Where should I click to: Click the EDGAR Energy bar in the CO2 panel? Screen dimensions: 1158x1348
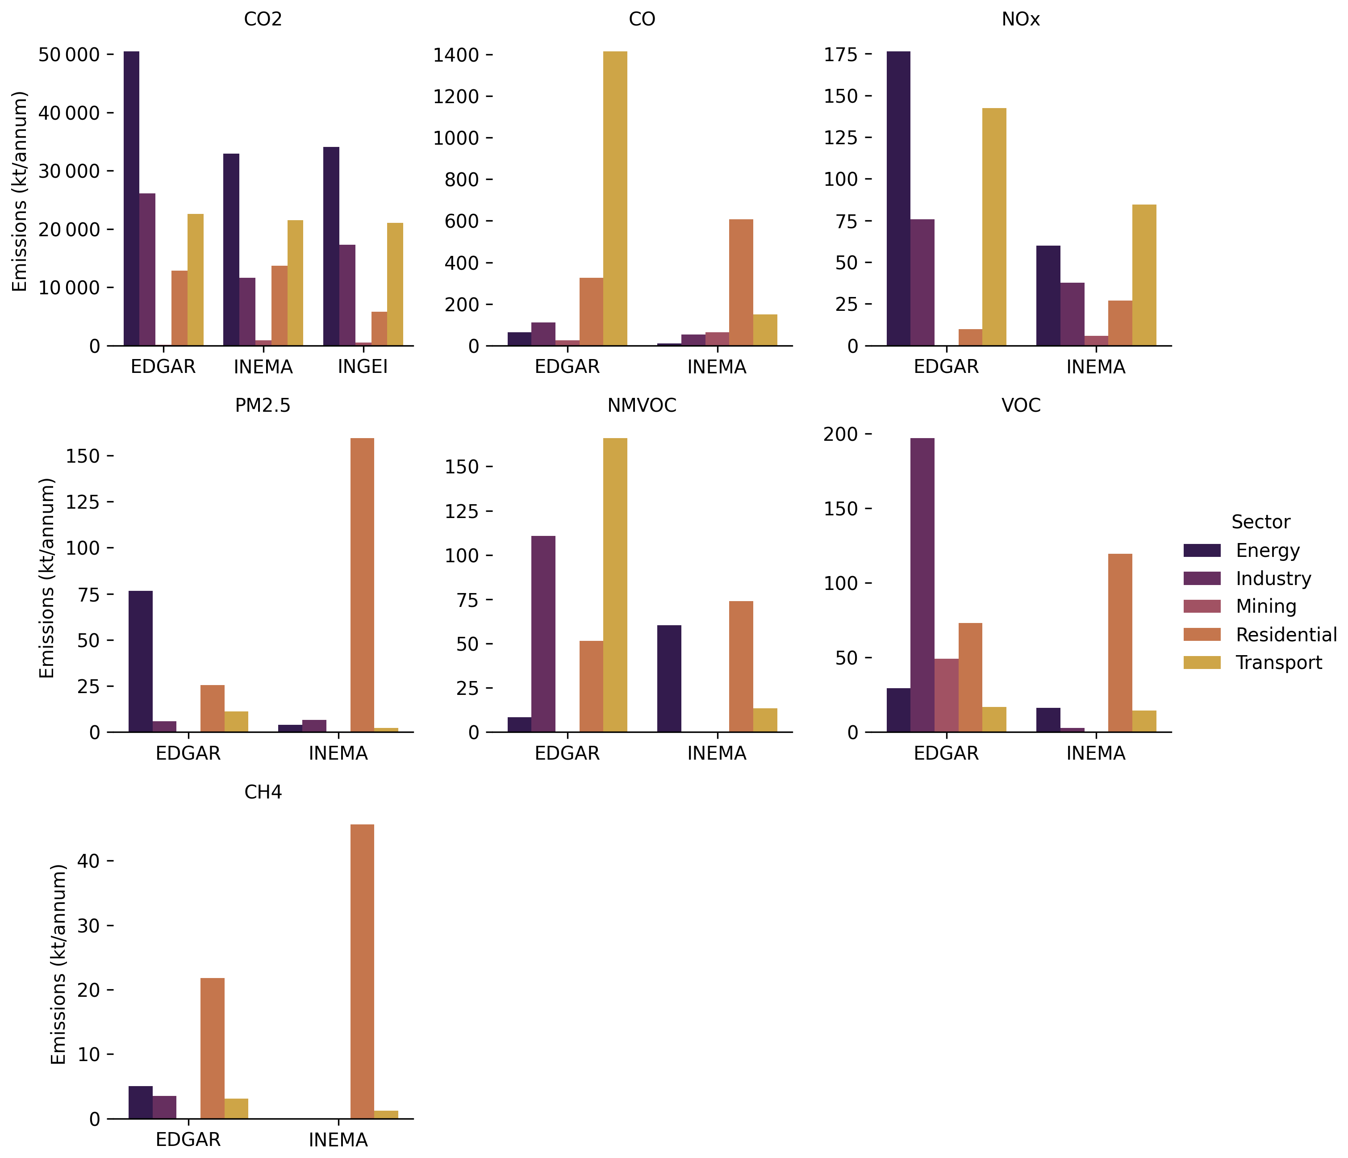(x=131, y=198)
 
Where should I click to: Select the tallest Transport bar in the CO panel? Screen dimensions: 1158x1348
(x=615, y=198)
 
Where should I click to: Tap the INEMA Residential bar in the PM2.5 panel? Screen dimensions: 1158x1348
(x=363, y=585)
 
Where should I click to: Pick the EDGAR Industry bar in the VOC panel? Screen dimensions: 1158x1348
(x=922, y=585)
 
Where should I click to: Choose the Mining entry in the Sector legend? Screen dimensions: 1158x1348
(x=1266, y=606)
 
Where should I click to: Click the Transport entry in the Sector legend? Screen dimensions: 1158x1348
(x=1278, y=662)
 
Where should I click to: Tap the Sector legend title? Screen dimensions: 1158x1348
(x=1260, y=522)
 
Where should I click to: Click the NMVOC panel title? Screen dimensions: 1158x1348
(x=642, y=406)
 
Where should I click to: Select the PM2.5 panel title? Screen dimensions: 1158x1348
(x=263, y=406)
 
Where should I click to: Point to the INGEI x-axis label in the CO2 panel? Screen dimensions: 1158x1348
(x=363, y=367)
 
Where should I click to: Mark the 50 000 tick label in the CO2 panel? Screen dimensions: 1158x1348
(x=69, y=54)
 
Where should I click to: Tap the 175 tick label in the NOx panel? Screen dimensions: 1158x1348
(x=841, y=54)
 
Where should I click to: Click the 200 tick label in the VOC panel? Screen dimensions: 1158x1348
(x=841, y=434)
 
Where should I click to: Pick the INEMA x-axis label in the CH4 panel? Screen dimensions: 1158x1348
(x=338, y=1139)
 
